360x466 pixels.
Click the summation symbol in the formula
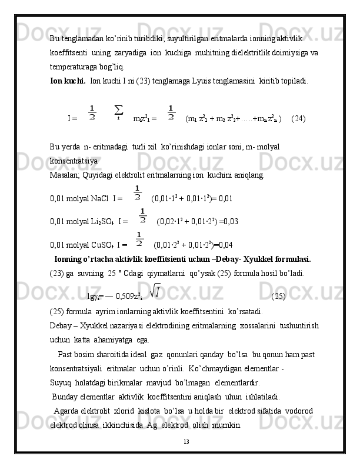point(118,111)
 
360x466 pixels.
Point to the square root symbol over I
point(156,290)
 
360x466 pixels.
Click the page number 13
point(186,441)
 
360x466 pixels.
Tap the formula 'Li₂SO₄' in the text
point(102,222)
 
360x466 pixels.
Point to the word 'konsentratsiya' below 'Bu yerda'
point(74,160)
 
